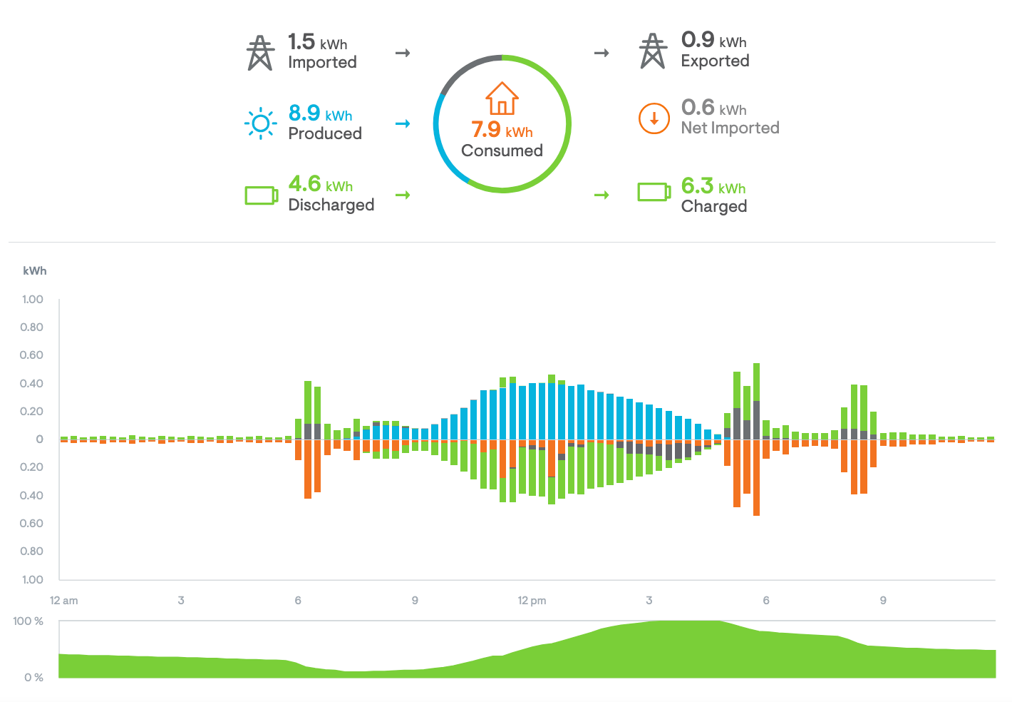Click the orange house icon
tap(502, 98)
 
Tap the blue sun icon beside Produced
tap(260, 123)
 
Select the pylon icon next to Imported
tap(260, 53)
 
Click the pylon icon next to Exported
tap(653, 51)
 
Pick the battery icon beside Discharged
tap(261, 195)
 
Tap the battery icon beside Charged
tap(654, 192)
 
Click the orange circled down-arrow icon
tap(654, 118)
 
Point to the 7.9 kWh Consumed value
tap(502, 131)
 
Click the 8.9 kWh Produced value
tap(320, 113)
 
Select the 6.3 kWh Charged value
tap(713, 186)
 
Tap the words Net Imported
tap(730, 128)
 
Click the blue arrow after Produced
tap(403, 124)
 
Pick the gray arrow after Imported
tap(403, 53)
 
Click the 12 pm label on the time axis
tap(532, 601)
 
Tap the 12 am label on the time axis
tap(64, 601)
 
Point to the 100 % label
tap(29, 621)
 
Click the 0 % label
tap(33, 677)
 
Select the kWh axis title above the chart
tap(35, 271)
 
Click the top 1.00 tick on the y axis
tap(32, 300)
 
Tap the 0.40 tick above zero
tap(32, 384)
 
